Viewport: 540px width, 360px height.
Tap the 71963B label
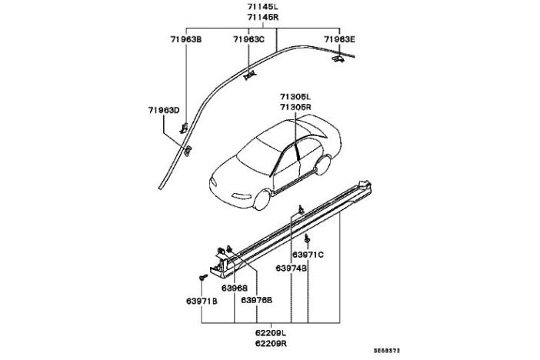coord(185,38)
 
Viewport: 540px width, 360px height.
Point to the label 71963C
coord(248,38)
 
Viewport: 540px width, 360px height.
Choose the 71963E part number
coord(338,38)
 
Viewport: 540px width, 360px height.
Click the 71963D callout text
coord(164,110)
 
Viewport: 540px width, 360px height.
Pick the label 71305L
coord(295,97)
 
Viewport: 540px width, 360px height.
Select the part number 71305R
coord(295,107)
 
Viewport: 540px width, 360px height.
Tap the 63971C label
coord(308,254)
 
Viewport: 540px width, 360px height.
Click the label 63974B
coord(292,268)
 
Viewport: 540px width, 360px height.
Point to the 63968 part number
coord(234,288)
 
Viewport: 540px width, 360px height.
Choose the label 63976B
coord(257,300)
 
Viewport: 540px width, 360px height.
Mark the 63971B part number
coord(202,300)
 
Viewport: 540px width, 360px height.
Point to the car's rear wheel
coord(324,167)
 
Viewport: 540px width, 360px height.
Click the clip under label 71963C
coord(248,75)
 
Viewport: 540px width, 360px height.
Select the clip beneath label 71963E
coord(338,58)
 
